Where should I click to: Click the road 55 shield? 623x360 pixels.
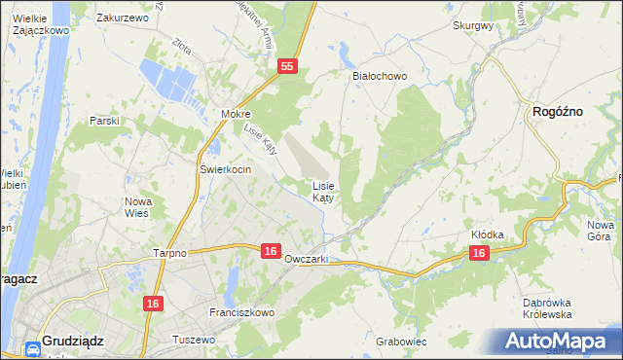(286, 66)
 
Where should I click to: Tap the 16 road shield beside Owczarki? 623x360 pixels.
(272, 251)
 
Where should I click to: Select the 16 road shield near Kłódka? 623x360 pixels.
(478, 253)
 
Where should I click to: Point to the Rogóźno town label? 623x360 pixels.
(558, 112)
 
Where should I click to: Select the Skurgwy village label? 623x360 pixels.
(473, 26)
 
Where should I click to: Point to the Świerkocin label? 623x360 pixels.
(226, 169)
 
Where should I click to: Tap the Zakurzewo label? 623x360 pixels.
(122, 18)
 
